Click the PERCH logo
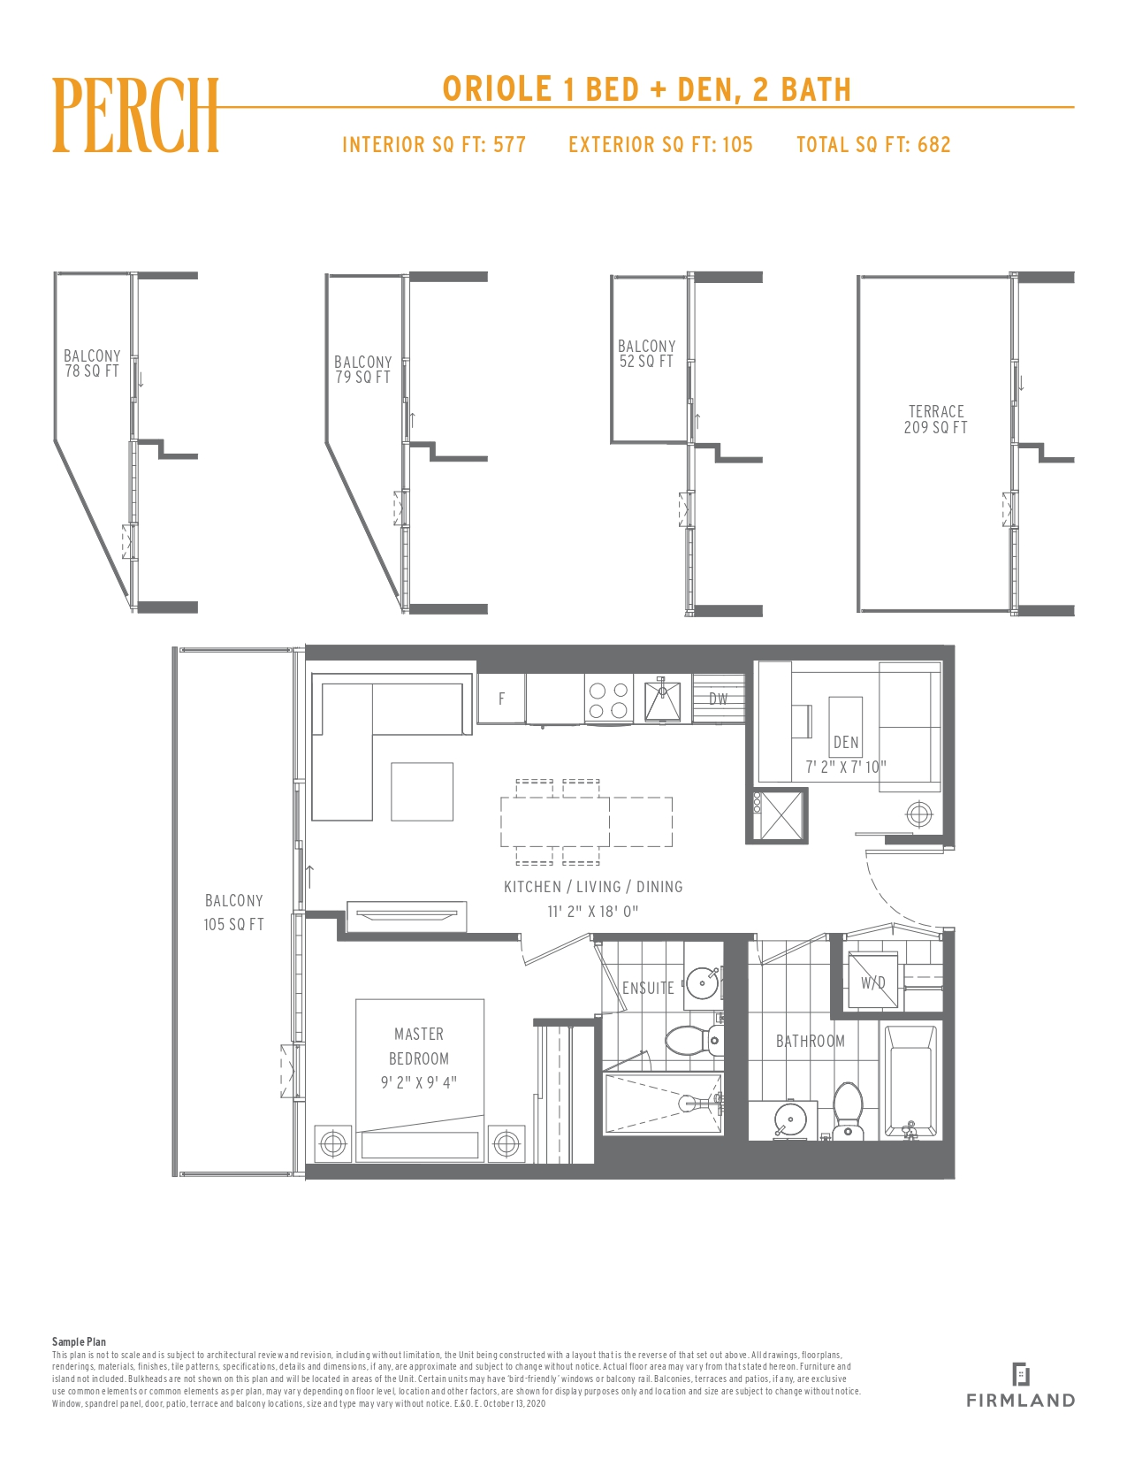[x=135, y=115]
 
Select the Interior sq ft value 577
[x=509, y=144]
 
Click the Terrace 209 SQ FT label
[x=936, y=419]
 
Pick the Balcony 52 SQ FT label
[x=646, y=354]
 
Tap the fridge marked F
[x=501, y=699]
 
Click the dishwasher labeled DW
[x=719, y=699]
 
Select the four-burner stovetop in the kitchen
[x=608, y=699]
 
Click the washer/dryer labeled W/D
[x=872, y=983]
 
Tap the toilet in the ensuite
[x=694, y=1041]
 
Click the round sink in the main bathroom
[x=790, y=1119]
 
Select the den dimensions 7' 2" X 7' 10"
[x=846, y=767]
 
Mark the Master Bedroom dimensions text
[x=419, y=1082]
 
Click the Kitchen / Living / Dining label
[x=593, y=887]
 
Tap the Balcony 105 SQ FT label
[x=233, y=912]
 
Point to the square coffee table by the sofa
[x=423, y=791]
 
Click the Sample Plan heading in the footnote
[x=79, y=1341]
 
